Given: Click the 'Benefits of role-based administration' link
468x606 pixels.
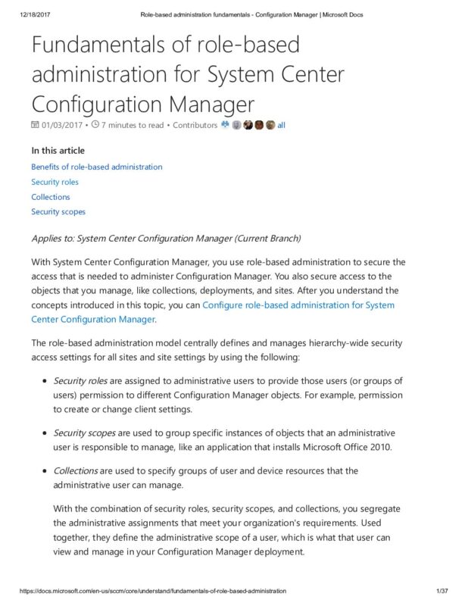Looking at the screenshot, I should pyautogui.click(x=96, y=167).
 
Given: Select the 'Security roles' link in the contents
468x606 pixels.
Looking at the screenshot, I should pyautogui.click(x=55, y=182).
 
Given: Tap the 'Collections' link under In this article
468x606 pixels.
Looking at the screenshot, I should pyautogui.click(x=50, y=197).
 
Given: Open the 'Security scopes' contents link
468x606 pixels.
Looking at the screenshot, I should pyautogui.click(x=58, y=212).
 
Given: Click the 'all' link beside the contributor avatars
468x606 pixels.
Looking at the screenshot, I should pyautogui.click(x=282, y=125).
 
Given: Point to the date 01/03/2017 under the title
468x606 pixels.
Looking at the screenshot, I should pyautogui.click(x=62, y=125).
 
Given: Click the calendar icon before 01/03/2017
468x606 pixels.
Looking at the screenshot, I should pyautogui.click(x=35, y=125).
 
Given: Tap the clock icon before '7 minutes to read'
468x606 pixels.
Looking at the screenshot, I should pyautogui.click(x=95, y=125).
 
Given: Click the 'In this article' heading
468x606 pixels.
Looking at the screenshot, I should pyautogui.click(x=58, y=150).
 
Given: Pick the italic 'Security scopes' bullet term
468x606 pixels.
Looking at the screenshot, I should pyautogui.click(x=83, y=433).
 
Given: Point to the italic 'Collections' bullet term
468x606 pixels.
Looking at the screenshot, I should pyautogui.click(x=75, y=470).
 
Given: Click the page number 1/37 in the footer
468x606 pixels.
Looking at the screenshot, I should pyautogui.click(x=444, y=589).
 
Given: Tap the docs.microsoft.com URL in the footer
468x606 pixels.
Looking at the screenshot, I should pyautogui.click(x=144, y=589).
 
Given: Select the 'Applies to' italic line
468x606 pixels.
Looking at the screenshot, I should pyautogui.click(x=166, y=239).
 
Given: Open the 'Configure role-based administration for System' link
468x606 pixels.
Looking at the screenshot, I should pyautogui.click(x=298, y=305).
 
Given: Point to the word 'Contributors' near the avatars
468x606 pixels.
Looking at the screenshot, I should pyautogui.click(x=195, y=125).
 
